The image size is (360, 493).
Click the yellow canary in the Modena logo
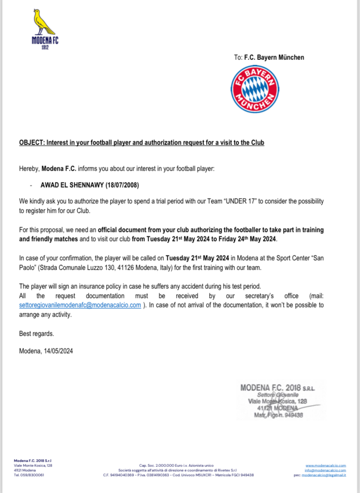[44, 23]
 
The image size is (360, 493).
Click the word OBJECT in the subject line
[32, 142]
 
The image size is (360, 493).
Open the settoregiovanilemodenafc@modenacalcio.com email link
[80, 305]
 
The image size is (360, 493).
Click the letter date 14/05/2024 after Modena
[58, 351]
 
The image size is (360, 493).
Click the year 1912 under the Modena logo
[45, 47]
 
